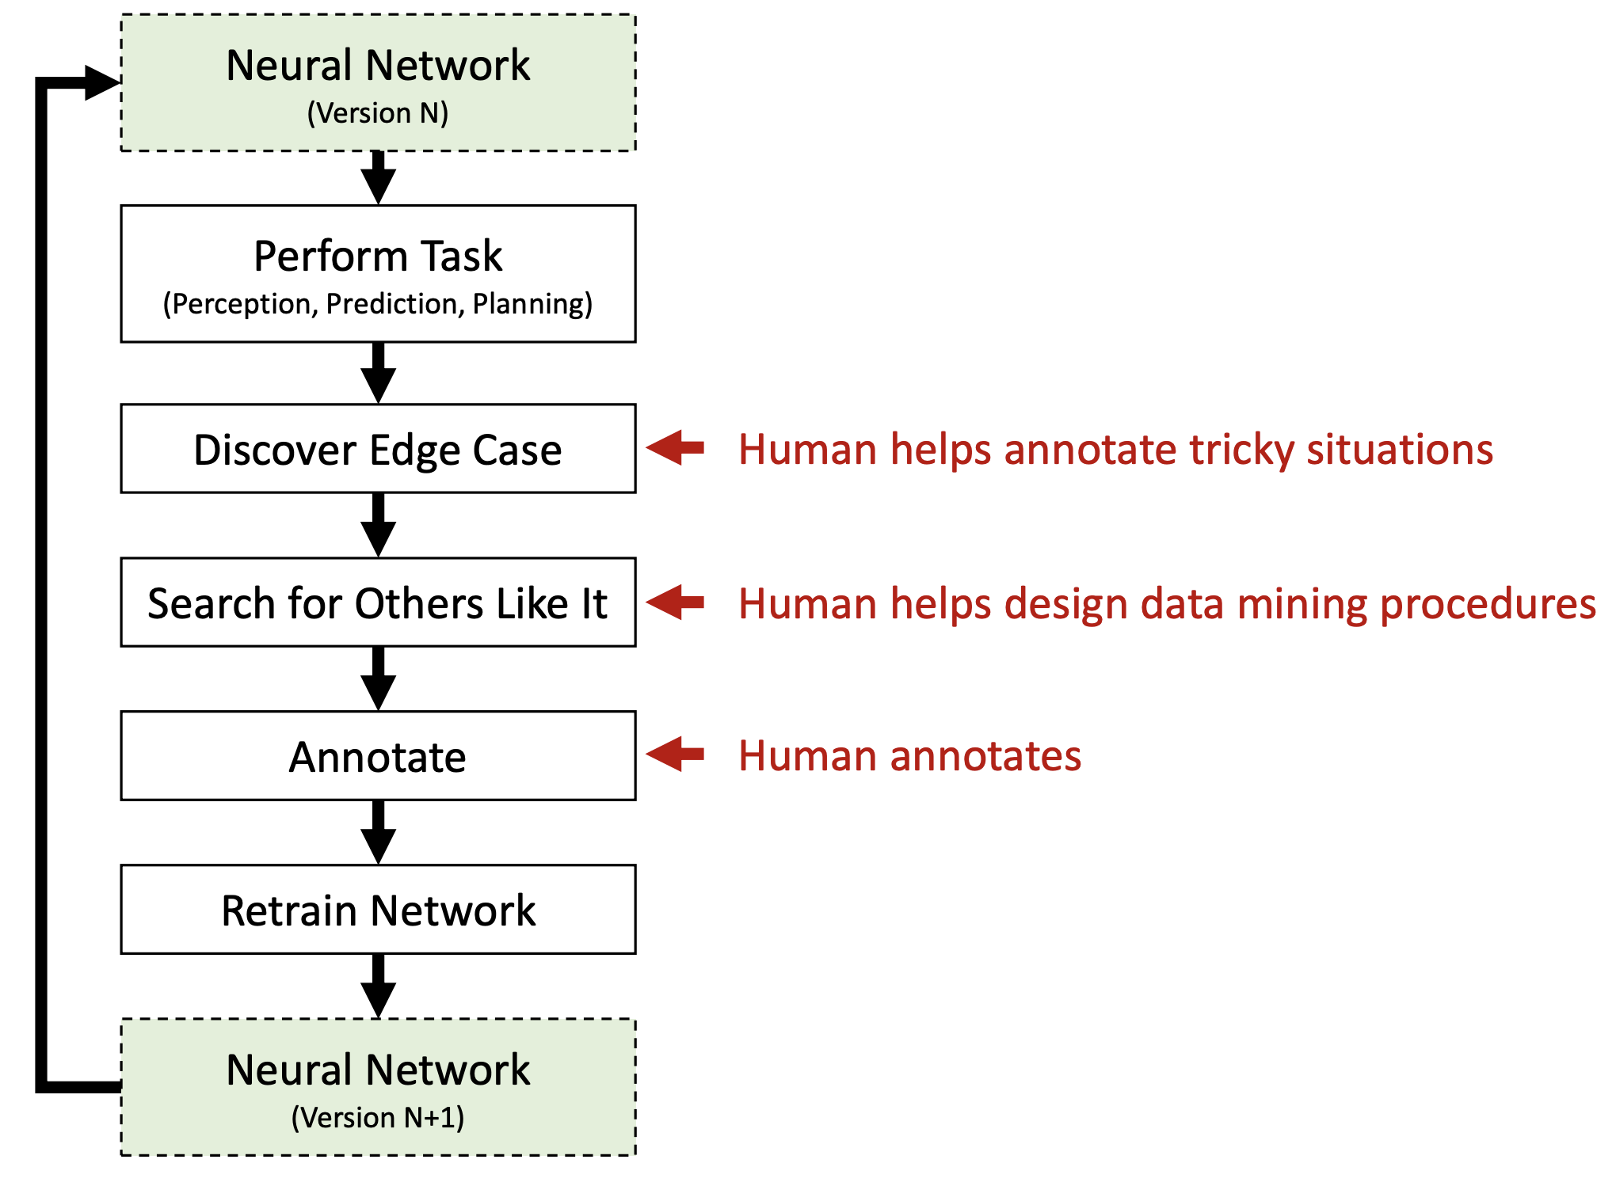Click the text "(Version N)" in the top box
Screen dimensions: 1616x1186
coord(378,113)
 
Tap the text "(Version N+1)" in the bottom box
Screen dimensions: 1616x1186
coord(378,1118)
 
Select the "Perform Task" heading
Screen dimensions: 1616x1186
coord(378,256)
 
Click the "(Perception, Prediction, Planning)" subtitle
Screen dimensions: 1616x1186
coord(378,304)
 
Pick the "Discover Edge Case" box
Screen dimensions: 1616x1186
coord(378,449)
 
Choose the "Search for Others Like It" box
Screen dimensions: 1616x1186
coord(378,603)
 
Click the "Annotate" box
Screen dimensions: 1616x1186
coord(378,756)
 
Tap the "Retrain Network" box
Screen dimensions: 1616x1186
coord(378,910)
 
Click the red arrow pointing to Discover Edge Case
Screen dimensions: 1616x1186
coord(675,448)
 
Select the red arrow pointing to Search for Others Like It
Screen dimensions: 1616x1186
coord(675,603)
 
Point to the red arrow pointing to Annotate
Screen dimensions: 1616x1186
coord(675,755)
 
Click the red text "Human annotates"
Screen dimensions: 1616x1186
coord(909,755)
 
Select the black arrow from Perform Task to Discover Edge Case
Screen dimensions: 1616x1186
coord(379,373)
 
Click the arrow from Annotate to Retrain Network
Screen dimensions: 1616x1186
coord(379,832)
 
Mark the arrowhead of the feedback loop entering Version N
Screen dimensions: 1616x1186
coord(102,82)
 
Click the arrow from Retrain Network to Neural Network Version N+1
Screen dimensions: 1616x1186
coord(379,986)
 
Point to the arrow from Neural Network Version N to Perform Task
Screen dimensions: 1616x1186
coord(379,178)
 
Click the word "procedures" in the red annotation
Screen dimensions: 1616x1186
coord(1488,605)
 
